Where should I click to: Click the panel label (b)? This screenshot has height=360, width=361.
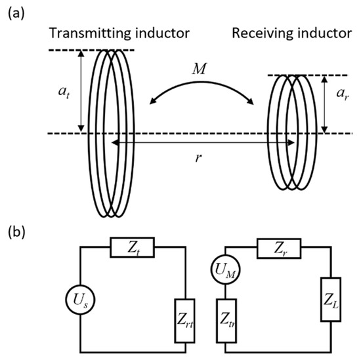click(x=13, y=232)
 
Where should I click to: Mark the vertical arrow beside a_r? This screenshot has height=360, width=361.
click(x=326, y=105)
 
